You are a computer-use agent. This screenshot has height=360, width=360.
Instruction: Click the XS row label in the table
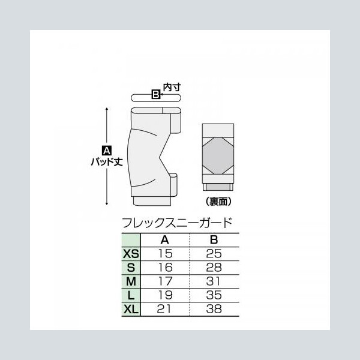[131, 254]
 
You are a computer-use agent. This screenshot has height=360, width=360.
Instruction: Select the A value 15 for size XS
[166, 253]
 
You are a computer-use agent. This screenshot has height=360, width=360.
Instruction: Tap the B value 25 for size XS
[214, 253]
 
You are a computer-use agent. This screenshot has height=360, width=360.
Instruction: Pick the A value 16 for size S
[166, 268]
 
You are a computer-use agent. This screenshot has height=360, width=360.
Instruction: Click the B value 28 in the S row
[214, 268]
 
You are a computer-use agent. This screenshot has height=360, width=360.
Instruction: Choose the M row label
[131, 281]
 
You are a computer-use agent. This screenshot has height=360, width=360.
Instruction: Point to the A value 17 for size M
[166, 281]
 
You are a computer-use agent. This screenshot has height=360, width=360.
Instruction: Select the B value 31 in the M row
[214, 281]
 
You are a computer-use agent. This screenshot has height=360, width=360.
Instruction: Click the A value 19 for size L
[166, 295]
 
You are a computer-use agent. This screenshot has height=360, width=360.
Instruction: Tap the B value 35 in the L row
[214, 295]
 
